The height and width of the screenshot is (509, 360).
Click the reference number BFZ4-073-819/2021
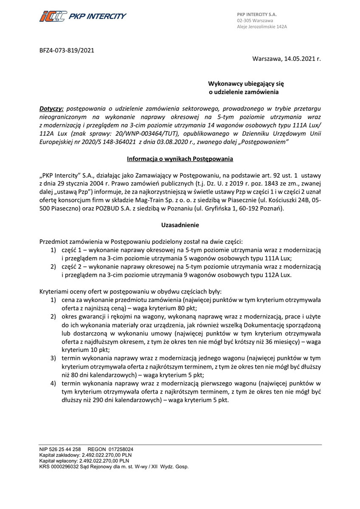click(67, 50)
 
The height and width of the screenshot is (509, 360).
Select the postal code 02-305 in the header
click(245, 20)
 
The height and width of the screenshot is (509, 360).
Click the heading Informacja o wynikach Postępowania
click(180, 159)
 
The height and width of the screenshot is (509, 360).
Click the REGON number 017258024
click(119, 449)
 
